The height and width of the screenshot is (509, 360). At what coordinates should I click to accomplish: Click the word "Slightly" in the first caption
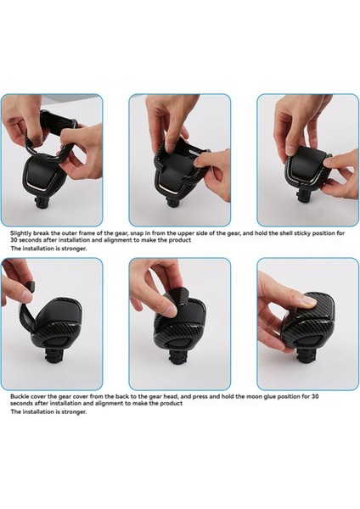20,233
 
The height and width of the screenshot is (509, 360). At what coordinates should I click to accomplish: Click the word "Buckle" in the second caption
19,396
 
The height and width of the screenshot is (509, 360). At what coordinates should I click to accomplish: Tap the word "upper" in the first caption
186,233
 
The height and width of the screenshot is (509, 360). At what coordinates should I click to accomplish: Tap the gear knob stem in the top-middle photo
175,200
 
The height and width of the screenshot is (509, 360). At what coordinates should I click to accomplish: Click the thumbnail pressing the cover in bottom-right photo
309,300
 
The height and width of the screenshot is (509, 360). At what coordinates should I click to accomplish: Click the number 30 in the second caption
315,396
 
